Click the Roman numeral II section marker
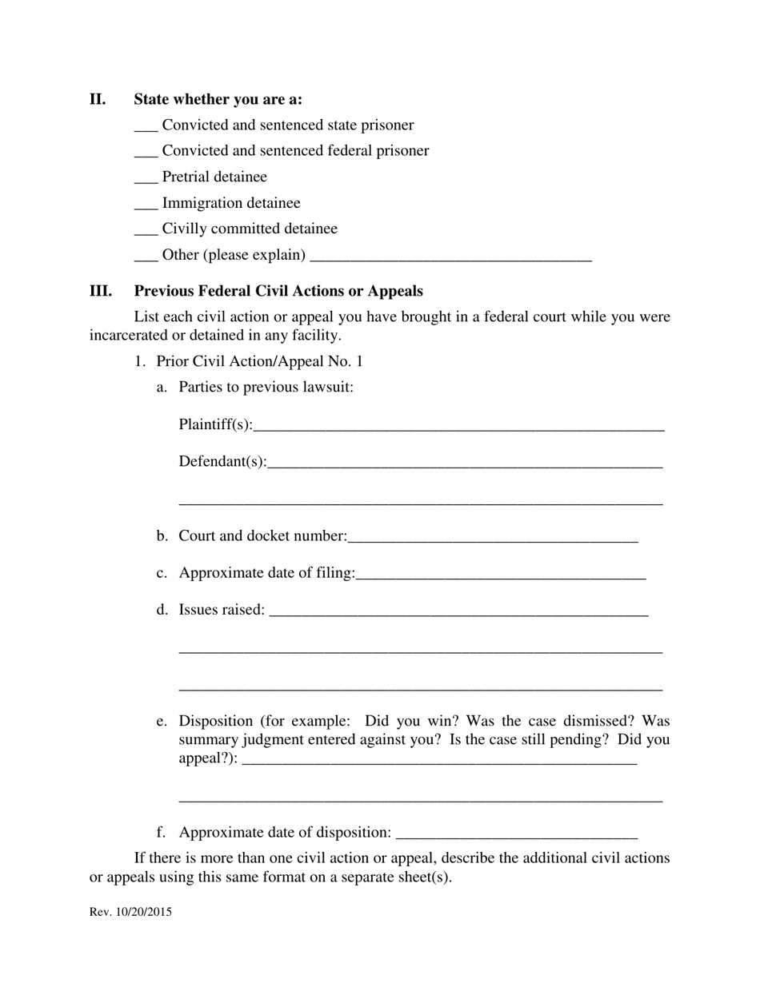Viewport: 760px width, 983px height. (98, 100)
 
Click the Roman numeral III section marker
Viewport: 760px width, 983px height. (101, 291)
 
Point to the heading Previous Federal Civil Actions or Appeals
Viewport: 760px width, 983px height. (278, 291)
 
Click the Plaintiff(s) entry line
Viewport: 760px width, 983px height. (458, 426)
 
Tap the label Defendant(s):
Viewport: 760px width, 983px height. (222, 462)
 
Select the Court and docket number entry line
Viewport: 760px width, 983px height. (493, 538)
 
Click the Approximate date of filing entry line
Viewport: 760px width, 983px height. (501, 575)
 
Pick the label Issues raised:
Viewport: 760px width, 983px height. (222, 610)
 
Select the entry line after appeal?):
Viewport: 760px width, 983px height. (438, 761)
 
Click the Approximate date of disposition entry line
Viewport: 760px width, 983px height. (517, 834)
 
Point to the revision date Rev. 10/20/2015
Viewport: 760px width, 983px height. (130, 912)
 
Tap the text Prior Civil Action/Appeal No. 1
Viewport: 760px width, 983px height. (259, 361)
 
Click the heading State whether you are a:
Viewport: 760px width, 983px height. (218, 100)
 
